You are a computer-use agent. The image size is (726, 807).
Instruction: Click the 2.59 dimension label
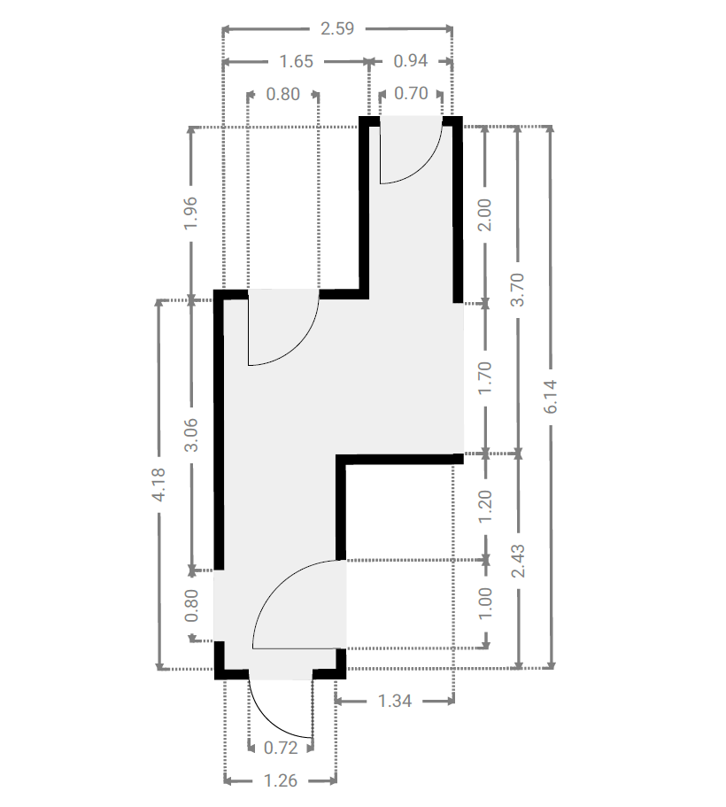337,28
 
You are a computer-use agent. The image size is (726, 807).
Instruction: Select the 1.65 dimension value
296,62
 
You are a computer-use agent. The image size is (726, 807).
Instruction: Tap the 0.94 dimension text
411,61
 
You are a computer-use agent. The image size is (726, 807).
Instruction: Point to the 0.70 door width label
411,94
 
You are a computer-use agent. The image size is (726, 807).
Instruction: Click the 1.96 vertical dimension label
191,213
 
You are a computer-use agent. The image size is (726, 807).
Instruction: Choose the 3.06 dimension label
191,435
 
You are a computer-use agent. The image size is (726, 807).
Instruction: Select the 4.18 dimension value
158,485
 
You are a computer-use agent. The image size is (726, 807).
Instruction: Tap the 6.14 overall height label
550,396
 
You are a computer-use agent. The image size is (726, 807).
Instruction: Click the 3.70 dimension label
517,290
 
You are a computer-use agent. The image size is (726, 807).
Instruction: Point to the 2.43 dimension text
518,561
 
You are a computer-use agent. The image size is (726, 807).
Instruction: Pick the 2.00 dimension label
484,215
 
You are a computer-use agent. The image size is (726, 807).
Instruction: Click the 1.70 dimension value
484,378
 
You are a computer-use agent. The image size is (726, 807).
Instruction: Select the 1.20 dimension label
484,507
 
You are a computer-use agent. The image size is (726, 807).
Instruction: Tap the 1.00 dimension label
484,603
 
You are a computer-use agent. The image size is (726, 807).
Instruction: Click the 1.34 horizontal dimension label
395,701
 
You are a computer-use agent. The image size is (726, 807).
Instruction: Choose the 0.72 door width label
281,748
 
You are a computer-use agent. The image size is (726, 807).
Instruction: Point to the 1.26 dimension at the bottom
281,780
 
